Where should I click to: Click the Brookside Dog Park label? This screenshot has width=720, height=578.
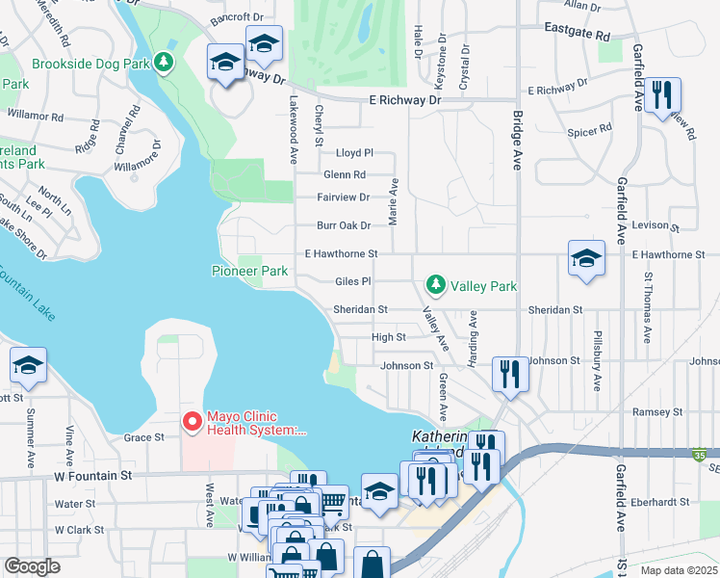91,64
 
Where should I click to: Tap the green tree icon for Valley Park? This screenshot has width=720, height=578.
436,285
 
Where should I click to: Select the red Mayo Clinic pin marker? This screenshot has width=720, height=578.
192,422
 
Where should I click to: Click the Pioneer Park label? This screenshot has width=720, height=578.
249,272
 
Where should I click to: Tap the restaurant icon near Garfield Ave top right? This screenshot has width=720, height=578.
661,94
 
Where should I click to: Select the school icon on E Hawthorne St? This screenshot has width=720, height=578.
586,258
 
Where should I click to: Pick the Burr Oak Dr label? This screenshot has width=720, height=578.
344,225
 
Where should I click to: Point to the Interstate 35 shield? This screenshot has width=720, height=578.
698,454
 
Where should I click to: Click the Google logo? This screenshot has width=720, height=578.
31,565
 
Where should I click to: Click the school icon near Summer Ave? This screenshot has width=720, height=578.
28,364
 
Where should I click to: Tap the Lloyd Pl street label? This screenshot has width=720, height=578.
353,153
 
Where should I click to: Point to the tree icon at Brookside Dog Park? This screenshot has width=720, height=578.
164,64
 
